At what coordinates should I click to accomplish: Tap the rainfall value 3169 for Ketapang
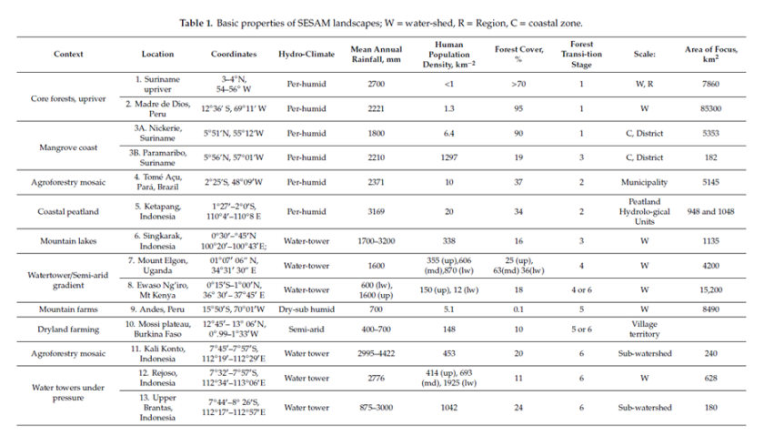click(375, 211)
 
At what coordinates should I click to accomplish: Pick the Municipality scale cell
click(642, 181)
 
